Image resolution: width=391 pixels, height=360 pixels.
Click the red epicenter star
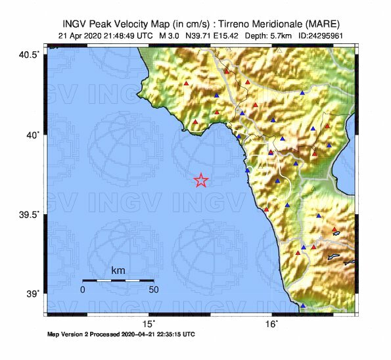(x=202, y=181)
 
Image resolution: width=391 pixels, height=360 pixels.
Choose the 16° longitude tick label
(x=271, y=323)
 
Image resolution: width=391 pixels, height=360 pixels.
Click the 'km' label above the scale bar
(x=118, y=271)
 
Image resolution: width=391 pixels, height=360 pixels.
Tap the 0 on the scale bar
(x=83, y=289)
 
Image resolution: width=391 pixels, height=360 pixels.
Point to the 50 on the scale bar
(x=153, y=289)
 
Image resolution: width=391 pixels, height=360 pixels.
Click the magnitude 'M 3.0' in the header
(x=171, y=35)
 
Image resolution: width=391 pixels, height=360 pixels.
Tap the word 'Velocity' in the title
(x=137, y=22)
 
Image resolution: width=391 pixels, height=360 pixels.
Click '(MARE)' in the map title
(x=318, y=22)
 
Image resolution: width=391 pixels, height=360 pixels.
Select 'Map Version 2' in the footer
(x=70, y=334)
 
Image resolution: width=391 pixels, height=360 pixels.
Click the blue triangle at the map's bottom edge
(x=303, y=305)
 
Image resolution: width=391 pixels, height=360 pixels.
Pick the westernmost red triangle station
(x=187, y=84)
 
